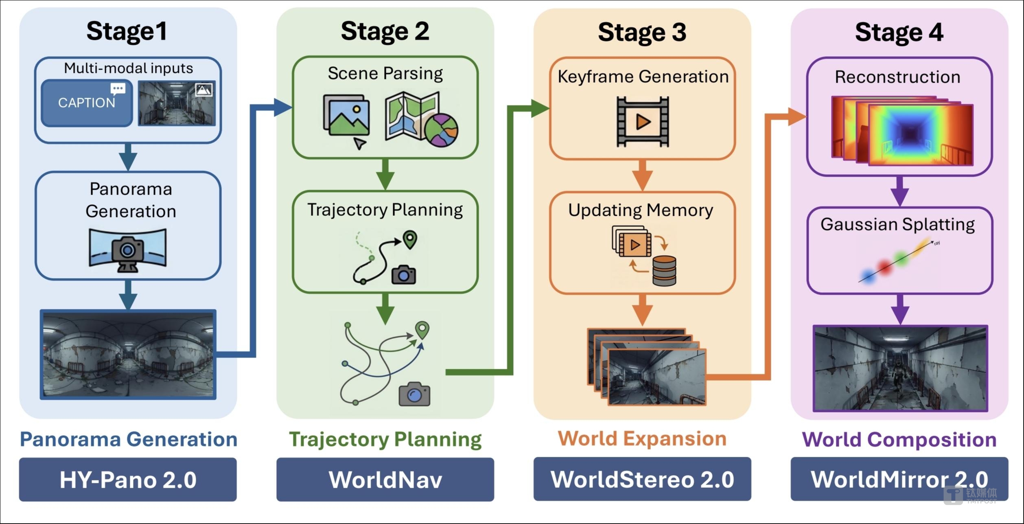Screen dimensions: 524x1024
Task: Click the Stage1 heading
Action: (x=127, y=31)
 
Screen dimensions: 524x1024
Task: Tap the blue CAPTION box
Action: (x=87, y=103)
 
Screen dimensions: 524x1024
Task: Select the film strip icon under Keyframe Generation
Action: (x=643, y=122)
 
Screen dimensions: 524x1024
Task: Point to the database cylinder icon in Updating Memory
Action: (x=664, y=271)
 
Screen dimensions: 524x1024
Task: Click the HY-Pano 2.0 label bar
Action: (x=128, y=479)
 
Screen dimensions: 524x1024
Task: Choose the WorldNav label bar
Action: (x=385, y=479)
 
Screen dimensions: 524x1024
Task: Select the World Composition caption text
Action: (x=899, y=439)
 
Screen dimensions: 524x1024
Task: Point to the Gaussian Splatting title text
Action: (x=897, y=224)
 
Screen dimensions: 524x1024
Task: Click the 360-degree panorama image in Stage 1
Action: (x=128, y=354)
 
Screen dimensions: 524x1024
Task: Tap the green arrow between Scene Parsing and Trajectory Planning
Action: (x=385, y=174)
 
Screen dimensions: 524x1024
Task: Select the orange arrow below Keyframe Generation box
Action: (x=642, y=175)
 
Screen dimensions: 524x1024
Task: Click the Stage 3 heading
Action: (x=642, y=32)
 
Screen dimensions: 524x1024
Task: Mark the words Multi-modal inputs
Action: (x=128, y=68)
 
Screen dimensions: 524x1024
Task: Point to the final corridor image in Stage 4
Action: (x=900, y=368)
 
